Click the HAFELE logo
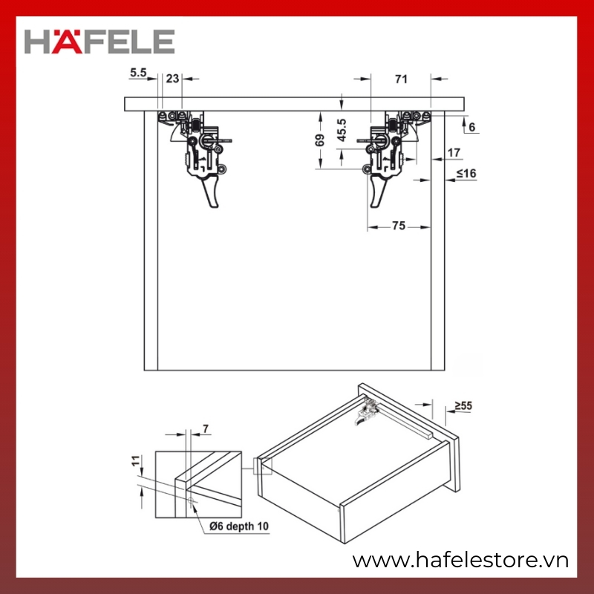coord(99,42)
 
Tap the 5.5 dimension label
coord(138,72)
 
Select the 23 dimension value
coord(172,79)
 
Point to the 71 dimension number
coord(401,79)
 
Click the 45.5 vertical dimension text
coord(342,130)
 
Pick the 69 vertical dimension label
coord(320,140)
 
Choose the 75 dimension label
coord(399,226)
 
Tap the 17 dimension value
coord(454,153)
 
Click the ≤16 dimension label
coord(466,174)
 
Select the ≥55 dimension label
coord(463,405)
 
